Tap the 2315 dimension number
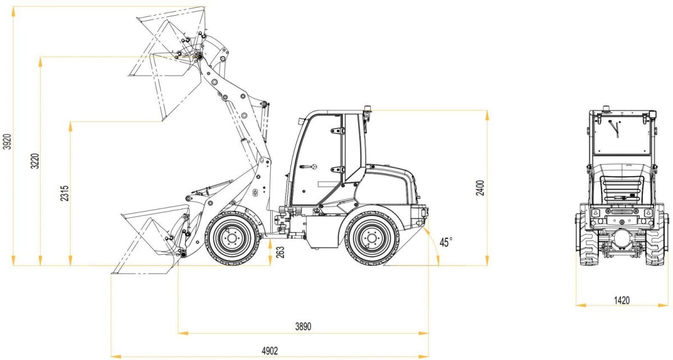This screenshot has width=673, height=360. click(x=64, y=193)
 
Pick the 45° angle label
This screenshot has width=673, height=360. click(x=446, y=242)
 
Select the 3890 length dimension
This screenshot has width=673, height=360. click(x=302, y=326)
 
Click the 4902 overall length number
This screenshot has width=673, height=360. click(x=270, y=350)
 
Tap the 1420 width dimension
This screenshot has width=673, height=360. click(x=621, y=300)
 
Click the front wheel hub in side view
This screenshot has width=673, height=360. click(x=231, y=238)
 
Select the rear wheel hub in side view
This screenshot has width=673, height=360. click(x=371, y=238)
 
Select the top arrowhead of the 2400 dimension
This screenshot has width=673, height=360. click(x=487, y=114)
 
